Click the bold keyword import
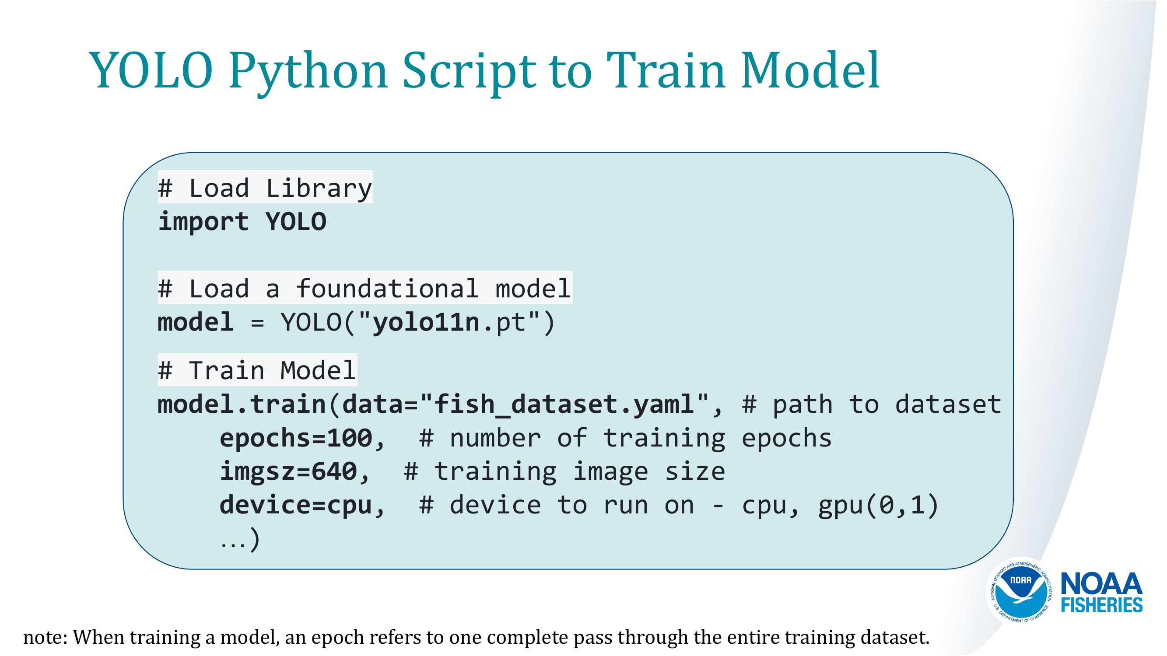point(203,222)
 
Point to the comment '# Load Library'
point(265,188)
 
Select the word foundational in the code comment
point(387,288)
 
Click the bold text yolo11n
point(426,322)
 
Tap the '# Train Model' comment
point(257,370)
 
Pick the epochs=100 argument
point(296,438)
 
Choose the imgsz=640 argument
point(289,472)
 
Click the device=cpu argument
point(296,505)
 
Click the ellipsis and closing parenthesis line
point(240,539)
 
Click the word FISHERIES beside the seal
point(1101,605)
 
